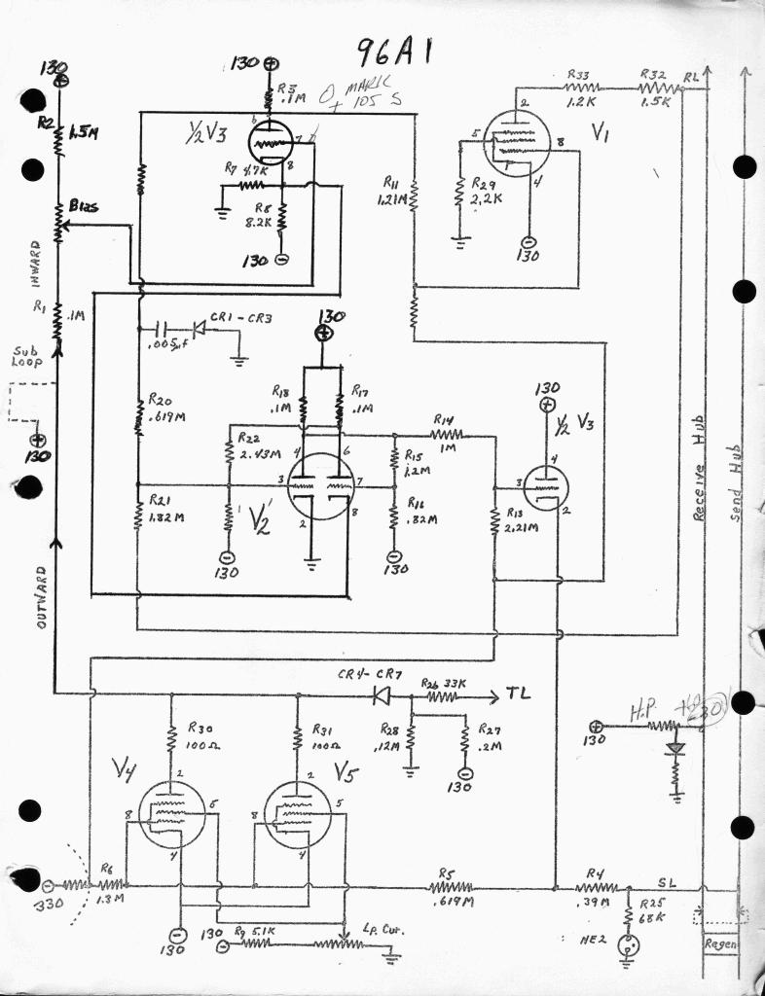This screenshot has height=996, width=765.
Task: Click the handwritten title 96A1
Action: (393, 51)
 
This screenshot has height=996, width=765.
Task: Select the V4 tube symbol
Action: (171, 813)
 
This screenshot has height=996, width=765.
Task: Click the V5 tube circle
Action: (298, 813)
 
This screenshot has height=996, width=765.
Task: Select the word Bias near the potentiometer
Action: (82, 206)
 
